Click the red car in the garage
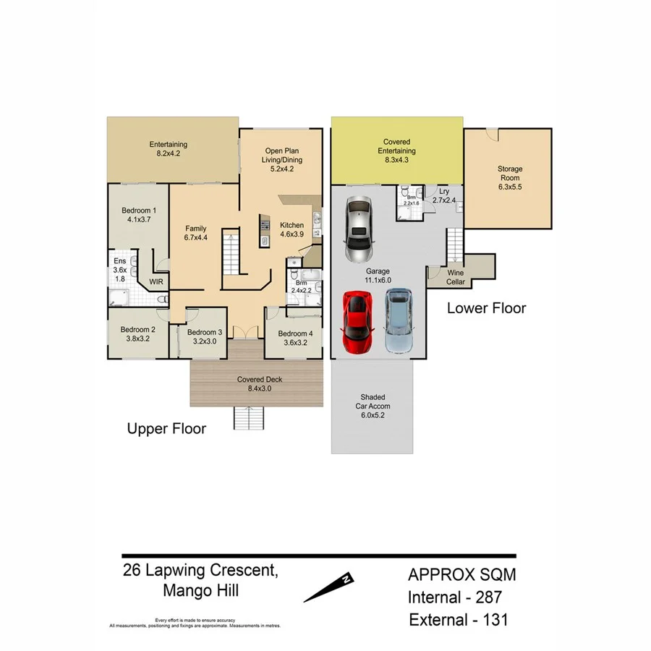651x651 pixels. click(x=357, y=323)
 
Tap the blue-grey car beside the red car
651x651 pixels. click(x=397, y=320)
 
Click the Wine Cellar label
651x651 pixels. click(x=456, y=277)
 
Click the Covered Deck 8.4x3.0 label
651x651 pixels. click(x=259, y=383)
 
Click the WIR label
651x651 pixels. click(x=156, y=281)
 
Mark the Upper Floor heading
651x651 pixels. click(x=166, y=429)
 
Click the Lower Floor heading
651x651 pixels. click(x=486, y=307)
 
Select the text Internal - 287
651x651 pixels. click(x=454, y=598)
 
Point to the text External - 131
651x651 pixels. click(x=458, y=620)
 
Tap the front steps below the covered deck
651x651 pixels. click(x=248, y=418)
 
